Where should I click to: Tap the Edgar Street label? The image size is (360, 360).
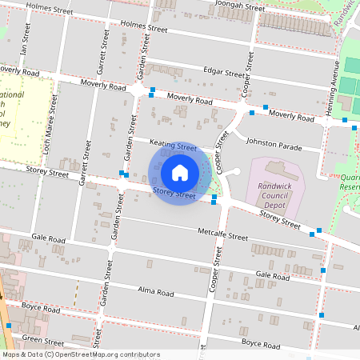pos(224,72)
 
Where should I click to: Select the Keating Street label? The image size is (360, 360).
pos(174,146)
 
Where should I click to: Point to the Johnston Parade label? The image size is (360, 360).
pos(274,146)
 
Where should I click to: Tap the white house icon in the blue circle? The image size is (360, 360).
pos(180,172)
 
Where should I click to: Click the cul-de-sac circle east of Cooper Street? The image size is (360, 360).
pos(234,172)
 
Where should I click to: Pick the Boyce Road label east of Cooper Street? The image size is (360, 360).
pos(259,346)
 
